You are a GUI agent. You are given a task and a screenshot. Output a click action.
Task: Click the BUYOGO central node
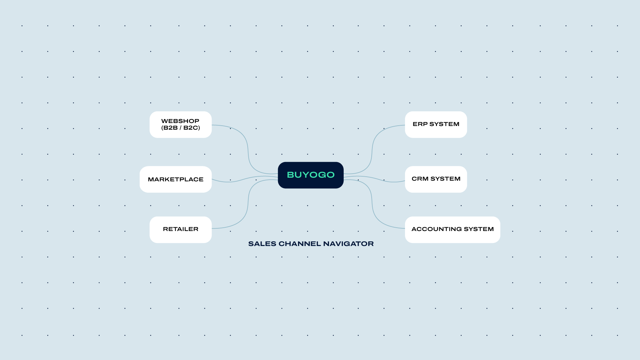311,175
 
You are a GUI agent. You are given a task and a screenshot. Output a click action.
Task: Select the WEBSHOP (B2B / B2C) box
181,124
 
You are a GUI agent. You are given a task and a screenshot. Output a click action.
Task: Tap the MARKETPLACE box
176,179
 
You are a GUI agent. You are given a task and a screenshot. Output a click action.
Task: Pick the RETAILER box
181,230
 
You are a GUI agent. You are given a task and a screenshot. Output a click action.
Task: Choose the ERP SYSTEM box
436,124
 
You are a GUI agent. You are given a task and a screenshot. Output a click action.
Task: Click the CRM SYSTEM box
436,179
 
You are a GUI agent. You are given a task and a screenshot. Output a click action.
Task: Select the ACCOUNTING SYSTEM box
453,230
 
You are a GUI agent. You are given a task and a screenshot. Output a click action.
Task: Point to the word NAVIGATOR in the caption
348,244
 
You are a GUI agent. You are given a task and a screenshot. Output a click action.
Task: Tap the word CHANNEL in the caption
300,244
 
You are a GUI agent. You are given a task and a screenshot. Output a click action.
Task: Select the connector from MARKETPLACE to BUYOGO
245,179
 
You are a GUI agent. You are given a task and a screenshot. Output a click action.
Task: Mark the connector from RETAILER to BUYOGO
248,204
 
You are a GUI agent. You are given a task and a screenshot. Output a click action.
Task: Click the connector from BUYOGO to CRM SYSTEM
374,179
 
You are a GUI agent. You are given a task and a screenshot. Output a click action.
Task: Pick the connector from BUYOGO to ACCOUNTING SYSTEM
372,204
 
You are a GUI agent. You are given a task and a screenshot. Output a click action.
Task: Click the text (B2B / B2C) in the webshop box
181,128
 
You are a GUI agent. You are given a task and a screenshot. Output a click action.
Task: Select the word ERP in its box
420,124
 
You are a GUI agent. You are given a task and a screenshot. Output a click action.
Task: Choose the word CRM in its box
420,179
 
